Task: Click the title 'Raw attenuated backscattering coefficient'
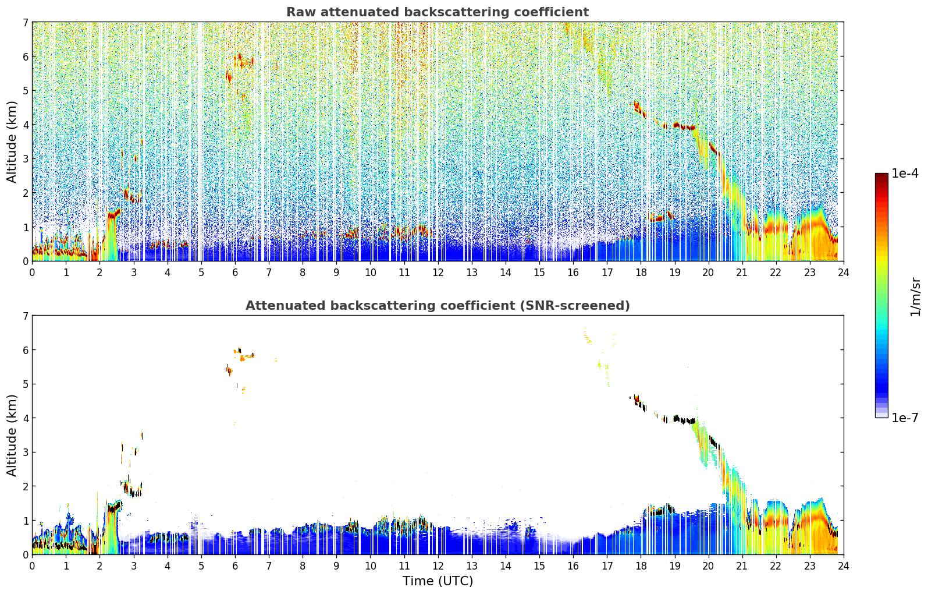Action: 437,12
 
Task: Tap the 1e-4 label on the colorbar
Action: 905,174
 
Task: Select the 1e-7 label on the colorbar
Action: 905,418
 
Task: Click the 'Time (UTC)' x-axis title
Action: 438,581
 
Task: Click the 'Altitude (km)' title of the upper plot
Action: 12,142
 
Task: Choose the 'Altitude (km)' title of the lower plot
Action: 12,435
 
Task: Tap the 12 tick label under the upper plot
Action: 438,272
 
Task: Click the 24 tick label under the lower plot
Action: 843,565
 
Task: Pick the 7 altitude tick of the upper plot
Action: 25,22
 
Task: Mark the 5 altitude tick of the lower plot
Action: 25,384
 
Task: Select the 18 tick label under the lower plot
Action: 641,565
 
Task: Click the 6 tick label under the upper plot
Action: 235,272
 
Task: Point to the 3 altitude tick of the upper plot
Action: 25,159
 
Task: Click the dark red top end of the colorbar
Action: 881,176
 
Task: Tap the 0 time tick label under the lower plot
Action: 32,565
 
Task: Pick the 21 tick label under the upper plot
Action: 742,272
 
